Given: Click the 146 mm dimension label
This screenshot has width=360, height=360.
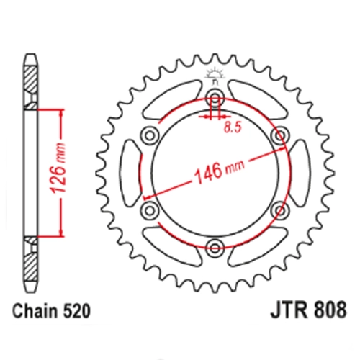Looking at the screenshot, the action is click(x=220, y=170).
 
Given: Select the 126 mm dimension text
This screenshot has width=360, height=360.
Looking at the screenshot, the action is click(x=58, y=168).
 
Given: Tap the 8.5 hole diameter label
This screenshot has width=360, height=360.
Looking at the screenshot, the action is click(x=233, y=128).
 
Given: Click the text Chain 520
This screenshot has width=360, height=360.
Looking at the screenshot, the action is click(x=51, y=312).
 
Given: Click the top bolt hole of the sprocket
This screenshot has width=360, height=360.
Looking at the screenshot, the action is click(x=215, y=96).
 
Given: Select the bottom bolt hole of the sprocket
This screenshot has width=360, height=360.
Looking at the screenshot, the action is click(x=215, y=248).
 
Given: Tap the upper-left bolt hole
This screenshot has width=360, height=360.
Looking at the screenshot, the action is click(x=150, y=135).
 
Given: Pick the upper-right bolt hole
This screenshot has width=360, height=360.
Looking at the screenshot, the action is click(x=280, y=135).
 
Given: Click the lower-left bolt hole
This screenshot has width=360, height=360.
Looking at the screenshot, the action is click(x=150, y=210).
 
